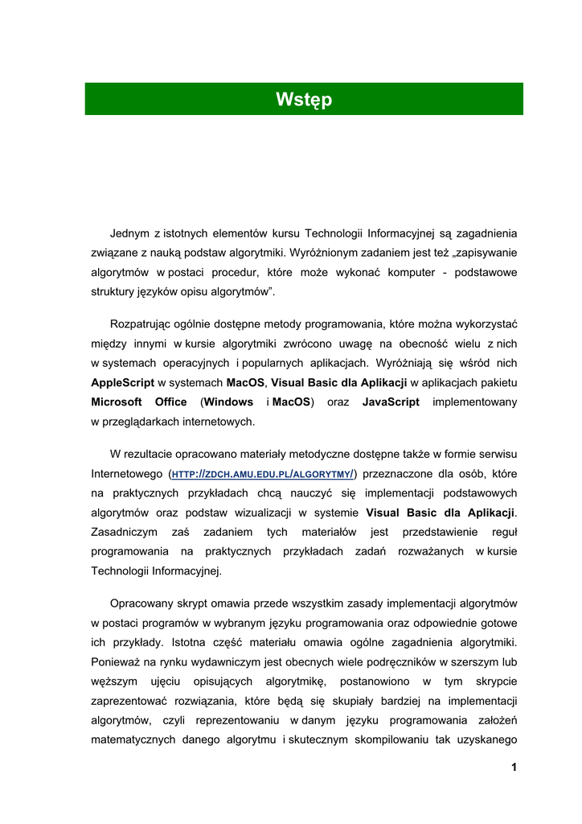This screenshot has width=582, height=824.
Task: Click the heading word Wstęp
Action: pyautogui.click(x=303, y=100)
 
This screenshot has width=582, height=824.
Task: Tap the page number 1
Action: pyautogui.click(x=513, y=767)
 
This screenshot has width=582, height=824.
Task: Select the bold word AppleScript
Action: pyautogui.click(x=122, y=382)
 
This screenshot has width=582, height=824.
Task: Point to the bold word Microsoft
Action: pyautogui.click(x=117, y=402)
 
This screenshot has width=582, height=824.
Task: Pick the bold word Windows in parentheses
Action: pyautogui.click(x=228, y=402)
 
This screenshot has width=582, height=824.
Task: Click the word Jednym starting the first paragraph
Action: pyautogui.click(x=129, y=233)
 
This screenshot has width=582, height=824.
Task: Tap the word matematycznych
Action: pyautogui.click(x=133, y=740)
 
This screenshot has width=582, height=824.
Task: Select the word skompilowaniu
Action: pyautogui.click(x=387, y=740)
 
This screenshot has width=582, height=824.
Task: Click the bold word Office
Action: pyautogui.click(x=170, y=402)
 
